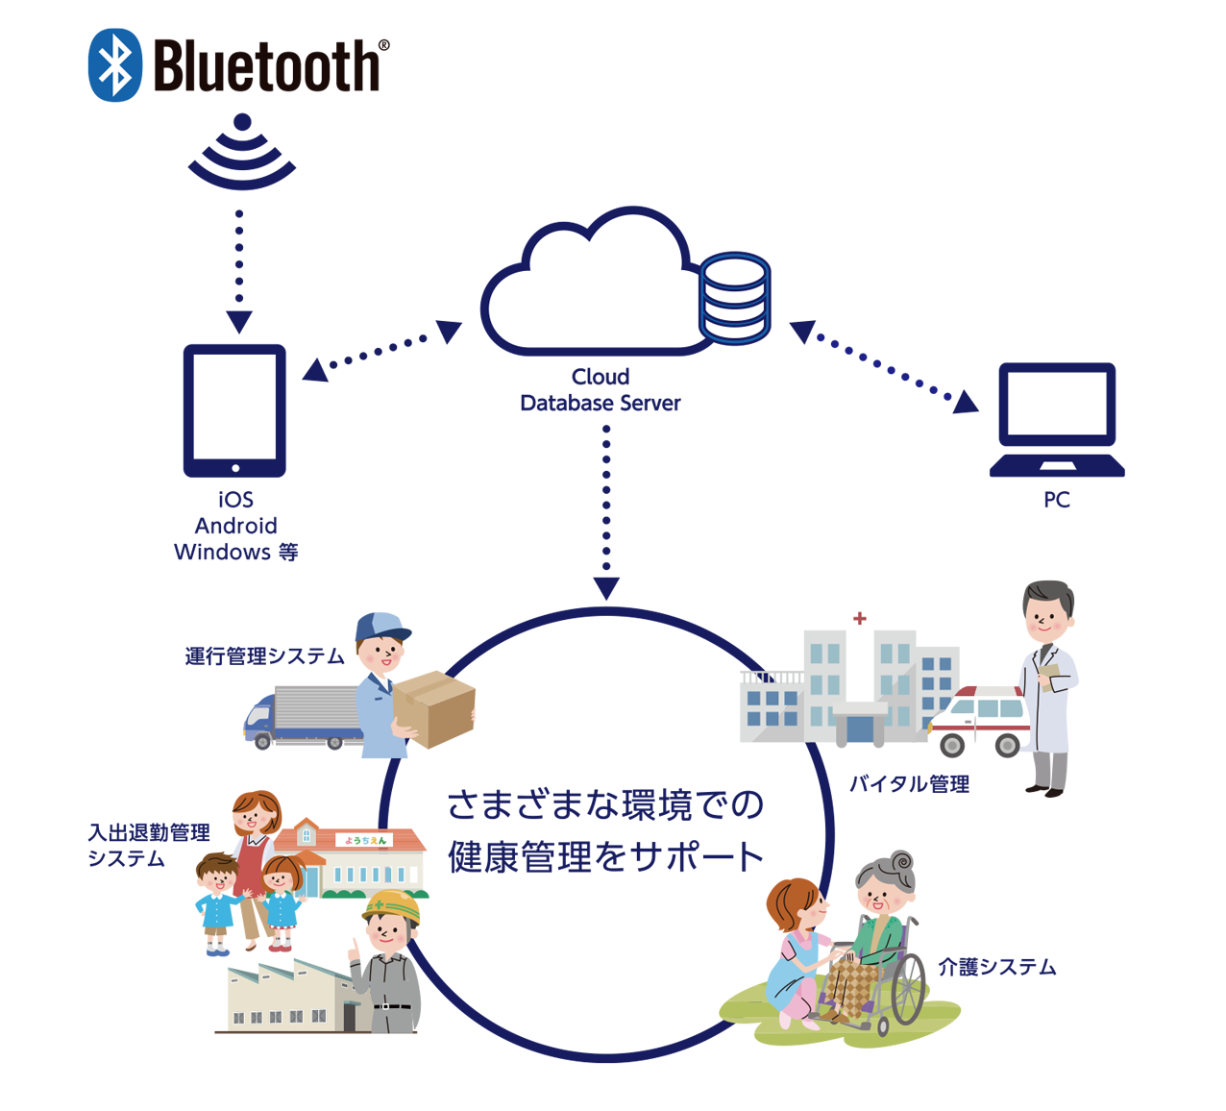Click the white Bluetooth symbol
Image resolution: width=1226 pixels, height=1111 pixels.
pyautogui.click(x=116, y=65)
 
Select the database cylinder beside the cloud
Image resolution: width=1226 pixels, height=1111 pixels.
pyautogui.click(x=734, y=298)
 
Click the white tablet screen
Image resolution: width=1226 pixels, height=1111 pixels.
pyautogui.click(x=234, y=406)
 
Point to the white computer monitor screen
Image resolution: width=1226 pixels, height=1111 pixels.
pyautogui.click(x=1057, y=404)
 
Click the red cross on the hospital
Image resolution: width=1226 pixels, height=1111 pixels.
pyautogui.click(x=860, y=618)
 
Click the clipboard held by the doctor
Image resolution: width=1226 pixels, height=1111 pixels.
pyautogui.click(x=1055, y=678)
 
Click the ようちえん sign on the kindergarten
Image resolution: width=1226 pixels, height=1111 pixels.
pyautogui.click(x=365, y=840)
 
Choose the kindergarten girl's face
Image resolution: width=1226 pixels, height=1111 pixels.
pyautogui.click(x=281, y=878)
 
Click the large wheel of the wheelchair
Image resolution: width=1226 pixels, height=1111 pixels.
pyautogui.click(x=908, y=990)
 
